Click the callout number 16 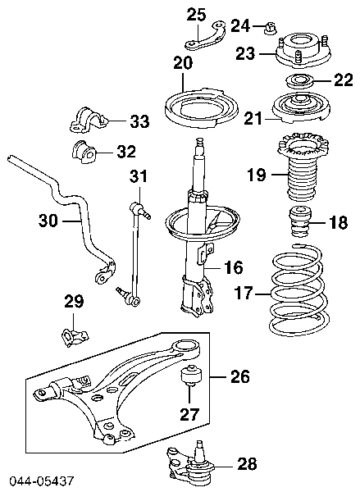point(234,266)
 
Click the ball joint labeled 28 point(189,462)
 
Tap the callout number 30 point(48,219)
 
